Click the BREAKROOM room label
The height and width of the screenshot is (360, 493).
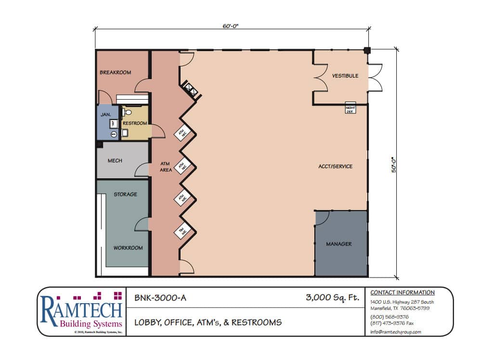point(115,73)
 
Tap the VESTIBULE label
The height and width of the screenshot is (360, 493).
point(345,76)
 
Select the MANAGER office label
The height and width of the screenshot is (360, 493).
point(338,244)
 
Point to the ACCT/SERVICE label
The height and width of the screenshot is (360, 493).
point(335,167)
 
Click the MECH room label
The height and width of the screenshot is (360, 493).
point(115,161)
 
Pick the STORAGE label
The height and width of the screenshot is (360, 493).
point(125,195)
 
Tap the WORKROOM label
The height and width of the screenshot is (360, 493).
point(128,248)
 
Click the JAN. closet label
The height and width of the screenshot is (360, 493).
point(106,115)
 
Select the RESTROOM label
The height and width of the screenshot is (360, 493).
point(134,123)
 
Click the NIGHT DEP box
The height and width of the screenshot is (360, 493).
point(350,108)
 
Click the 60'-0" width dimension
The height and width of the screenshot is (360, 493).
point(231,27)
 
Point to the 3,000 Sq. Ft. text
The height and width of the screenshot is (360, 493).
point(332,298)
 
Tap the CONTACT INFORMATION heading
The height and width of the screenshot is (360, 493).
point(402,293)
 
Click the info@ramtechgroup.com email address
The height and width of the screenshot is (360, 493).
point(396,332)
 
